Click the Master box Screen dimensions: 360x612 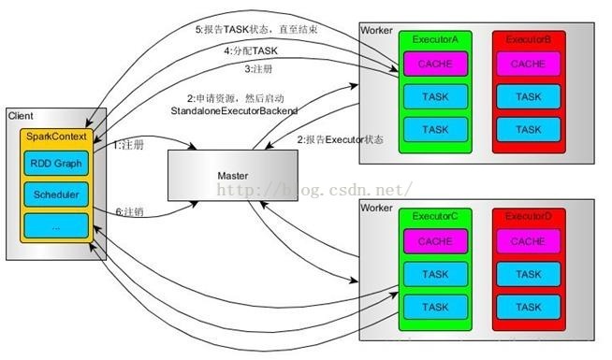[x=231, y=175]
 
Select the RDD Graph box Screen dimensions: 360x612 [x=55, y=164]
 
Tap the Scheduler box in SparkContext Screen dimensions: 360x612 [x=55, y=194]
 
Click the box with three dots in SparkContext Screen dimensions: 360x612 [x=55, y=225]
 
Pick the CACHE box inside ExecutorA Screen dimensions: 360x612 [x=435, y=64]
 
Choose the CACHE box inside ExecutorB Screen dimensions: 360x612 [x=529, y=64]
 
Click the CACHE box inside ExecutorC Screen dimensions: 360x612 [x=435, y=241]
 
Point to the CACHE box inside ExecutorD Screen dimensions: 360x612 [x=529, y=241]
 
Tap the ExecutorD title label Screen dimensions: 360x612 [x=529, y=217]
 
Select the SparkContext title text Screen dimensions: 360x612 [x=55, y=137]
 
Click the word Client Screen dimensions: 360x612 [x=21, y=115]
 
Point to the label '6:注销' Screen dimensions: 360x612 [x=129, y=211]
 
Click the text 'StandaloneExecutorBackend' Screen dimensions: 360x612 [x=234, y=110]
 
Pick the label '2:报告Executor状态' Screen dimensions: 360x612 [x=341, y=139]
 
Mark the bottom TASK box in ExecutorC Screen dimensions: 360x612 [x=435, y=307]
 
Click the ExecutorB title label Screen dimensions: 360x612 [x=529, y=41]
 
